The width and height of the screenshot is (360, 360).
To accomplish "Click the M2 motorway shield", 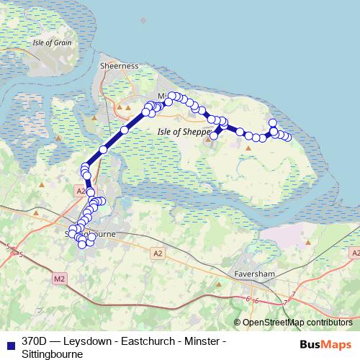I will (59, 277).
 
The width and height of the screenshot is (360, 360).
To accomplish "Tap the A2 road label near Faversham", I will (158, 253).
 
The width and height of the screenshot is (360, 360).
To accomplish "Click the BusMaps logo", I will (326, 345).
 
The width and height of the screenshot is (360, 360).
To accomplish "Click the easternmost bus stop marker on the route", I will (288, 137).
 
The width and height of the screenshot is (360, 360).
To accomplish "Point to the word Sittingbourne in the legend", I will (52, 354).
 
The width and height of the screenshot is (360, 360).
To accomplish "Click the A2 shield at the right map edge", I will (355, 253).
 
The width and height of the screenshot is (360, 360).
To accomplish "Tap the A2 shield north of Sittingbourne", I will (80, 191).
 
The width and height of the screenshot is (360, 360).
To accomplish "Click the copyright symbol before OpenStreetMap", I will (238, 322).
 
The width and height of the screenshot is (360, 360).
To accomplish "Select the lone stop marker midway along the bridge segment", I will (104, 149).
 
